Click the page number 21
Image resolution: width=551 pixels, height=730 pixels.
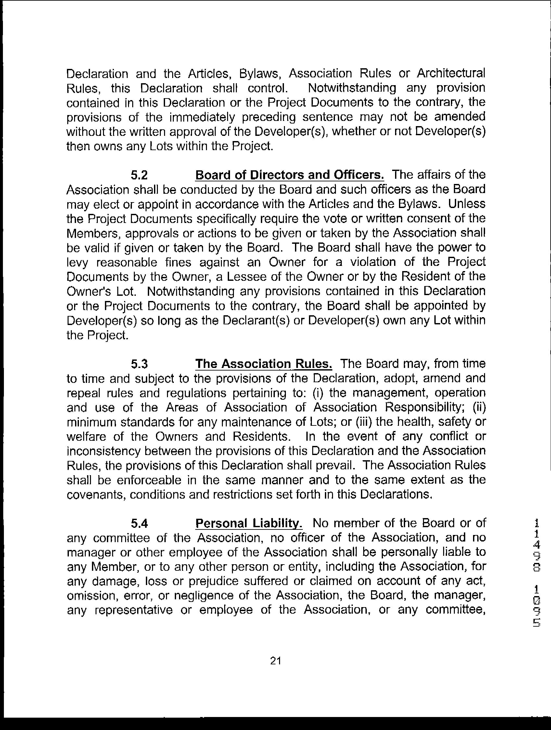[x=275, y=661]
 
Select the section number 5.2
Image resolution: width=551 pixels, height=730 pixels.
[x=139, y=175]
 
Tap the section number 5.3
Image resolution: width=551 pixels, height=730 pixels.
[x=139, y=364]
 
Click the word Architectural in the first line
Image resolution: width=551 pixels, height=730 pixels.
[x=451, y=73]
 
